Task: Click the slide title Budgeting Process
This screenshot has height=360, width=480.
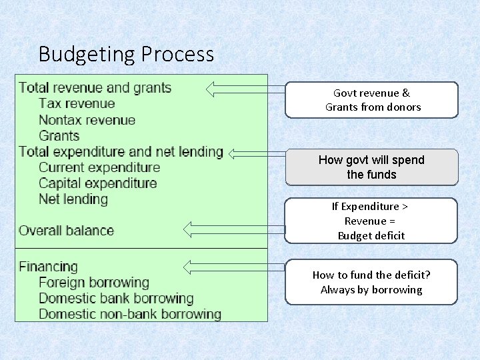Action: click(x=127, y=53)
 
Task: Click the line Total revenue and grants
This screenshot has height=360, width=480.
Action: click(x=95, y=88)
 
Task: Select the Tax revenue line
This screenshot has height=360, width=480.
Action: click(x=77, y=104)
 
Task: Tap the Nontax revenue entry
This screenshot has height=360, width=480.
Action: click(x=87, y=120)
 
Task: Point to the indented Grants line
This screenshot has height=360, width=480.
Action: click(x=59, y=136)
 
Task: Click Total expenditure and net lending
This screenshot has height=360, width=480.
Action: click(x=121, y=151)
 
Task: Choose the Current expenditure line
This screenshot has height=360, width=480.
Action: click(x=99, y=167)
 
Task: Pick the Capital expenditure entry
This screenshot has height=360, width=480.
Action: click(x=98, y=183)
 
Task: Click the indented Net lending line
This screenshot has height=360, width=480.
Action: click(x=73, y=199)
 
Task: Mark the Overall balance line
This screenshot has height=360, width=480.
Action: click(x=66, y=231)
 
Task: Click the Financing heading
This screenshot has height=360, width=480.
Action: click(x=48, y=267)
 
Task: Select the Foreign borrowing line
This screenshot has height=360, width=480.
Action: click(x=94, y=283)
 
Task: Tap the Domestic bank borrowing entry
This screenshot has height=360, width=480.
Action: click(x=116, y=298)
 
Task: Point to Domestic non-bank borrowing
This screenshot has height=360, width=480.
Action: click(x=130, y=314)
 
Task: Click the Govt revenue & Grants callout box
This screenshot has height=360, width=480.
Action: click(x=372, y=100)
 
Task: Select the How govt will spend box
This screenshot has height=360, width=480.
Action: click(x=372, y=167)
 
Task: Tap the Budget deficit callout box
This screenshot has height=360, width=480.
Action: click(x=372, y=221)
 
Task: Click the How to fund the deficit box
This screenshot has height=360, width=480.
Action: click(x=372, y=282)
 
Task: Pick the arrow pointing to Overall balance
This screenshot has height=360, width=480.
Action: click(x=233, y=230)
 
